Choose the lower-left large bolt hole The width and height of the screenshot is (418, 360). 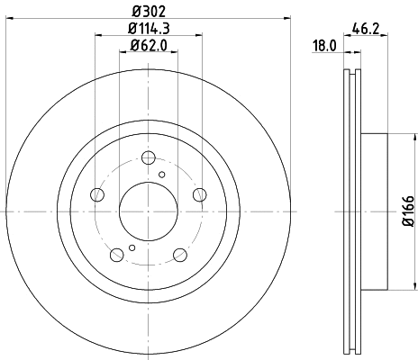(x=117, y=256)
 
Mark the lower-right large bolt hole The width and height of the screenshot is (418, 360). (x=179, y=256)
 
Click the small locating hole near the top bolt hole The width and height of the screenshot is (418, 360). (x=162, y=175)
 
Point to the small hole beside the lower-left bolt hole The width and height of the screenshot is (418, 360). (x=132, y=247)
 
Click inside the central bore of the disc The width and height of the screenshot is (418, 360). (x=149, y=211)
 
